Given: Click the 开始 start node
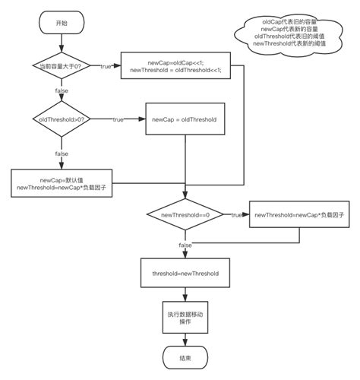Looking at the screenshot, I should click(x=62, y=23).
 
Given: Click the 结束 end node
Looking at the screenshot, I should click(x=185, y=357).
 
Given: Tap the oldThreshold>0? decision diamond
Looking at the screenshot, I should click(x=62, y=120).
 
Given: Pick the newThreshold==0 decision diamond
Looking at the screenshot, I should click(x=185, y=215).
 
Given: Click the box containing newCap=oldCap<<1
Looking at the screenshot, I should click(x=176, y=66).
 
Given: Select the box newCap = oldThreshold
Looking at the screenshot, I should click(x=184, y=120).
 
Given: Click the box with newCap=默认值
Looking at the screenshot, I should click(x=61, y=182).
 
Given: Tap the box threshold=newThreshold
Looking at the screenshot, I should click(x=185, y=272).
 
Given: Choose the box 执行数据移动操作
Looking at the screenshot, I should click(x=185, y=317).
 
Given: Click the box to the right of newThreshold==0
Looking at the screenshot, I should click(x=292, y=215).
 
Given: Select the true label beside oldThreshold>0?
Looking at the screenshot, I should click(x=118, y=120).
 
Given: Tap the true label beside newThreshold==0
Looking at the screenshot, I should click(x=236, y=215).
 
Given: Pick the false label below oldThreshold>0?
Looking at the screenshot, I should click(x=62, y=154).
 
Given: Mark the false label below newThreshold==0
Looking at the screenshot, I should click(x=185, y=245).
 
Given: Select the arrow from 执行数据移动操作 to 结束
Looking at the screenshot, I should click(x=185, y=339).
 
